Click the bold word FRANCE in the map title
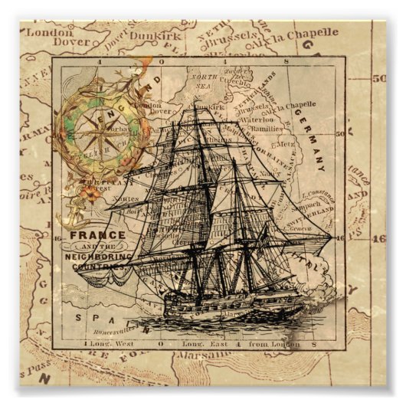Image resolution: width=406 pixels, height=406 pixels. pyautogui.click(x=97, y=235)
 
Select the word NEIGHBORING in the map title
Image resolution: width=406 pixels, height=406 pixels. pyautogui.click(x=98, y=257)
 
